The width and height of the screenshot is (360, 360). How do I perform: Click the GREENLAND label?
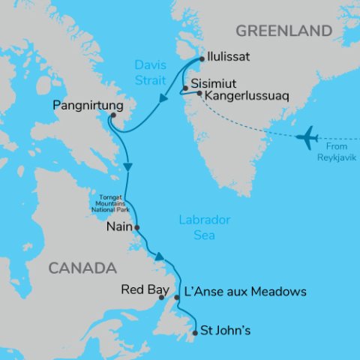click(283, 31)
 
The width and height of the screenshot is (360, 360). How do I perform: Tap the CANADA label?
click(82, 268)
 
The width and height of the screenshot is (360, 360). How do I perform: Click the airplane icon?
click(307, 138)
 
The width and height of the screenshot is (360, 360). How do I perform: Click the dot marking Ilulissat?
click(202, 57)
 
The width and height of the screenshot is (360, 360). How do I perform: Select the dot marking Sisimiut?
click(184, 88)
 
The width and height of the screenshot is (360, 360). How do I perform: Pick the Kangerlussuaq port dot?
click(199, 94)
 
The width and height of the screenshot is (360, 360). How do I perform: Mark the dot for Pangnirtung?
click(112, 115)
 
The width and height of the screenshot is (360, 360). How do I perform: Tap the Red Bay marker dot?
click(162, 298)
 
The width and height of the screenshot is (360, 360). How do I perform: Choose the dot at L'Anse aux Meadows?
click(177, 298)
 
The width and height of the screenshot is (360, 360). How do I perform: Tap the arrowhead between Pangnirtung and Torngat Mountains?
click(128, 166)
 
